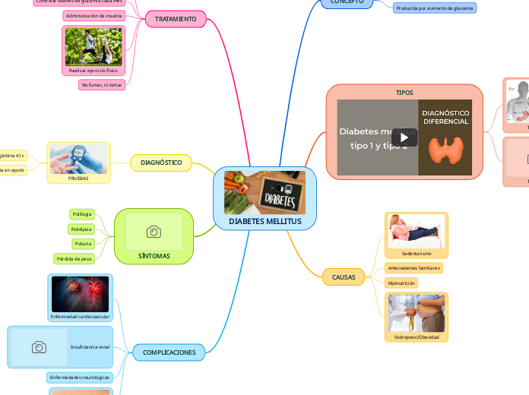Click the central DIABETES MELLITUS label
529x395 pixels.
point(264,221)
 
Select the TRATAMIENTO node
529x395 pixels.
point(176,19)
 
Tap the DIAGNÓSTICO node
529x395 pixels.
point(161,163)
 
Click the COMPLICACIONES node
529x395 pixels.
point(169,352)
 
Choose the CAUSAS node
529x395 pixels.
point(344,277)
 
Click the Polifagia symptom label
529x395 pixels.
point(81,214)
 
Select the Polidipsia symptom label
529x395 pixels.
point(81,229)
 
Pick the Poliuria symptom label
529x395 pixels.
point(83,244)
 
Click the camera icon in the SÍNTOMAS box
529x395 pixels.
point(154,232)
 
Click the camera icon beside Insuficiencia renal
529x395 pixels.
point(39,347)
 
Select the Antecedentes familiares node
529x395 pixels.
point(413,268)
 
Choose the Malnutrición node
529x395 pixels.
point(402,283)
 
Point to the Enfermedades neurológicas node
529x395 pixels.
point(79,378)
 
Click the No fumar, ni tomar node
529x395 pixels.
point(102,84)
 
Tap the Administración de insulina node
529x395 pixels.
point(93,15)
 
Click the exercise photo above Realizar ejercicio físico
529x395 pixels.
point(93,47)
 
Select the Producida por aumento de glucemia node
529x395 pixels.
point(435,8)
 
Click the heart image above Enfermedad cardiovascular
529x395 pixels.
point(80,293)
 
